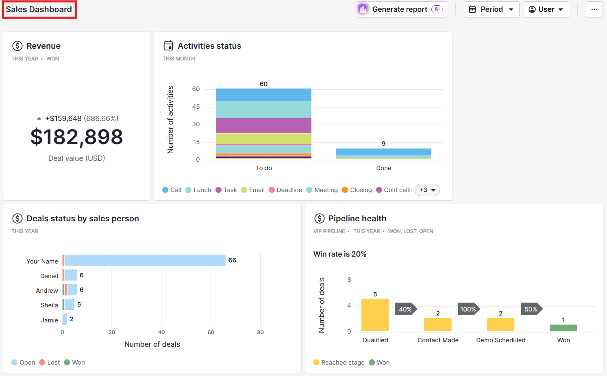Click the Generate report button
[x=401, y=9]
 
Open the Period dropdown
[x=491, y=9]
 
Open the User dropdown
[x=546, y=9]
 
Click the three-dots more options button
[x=594, y=9]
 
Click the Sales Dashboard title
[x=39, y=9]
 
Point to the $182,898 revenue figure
[x=76, y=137]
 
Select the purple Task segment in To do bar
[x=263, y=125]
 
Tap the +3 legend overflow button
[x=427, y=190]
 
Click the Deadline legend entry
[x=285, y=190]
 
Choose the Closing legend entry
[x=357, y=190]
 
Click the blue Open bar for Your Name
[x=145, y=260]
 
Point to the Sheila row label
[x=49, y=305]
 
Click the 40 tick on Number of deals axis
[x=161, y=332]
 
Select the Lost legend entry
[x=50, y=363]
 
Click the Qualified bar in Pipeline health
[x=375, y=315]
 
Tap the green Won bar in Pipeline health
[x=563, y=328]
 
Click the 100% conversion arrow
[x=468, y=309]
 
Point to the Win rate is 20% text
[x=340, y=254]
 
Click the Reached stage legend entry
[x=339, y=363]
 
